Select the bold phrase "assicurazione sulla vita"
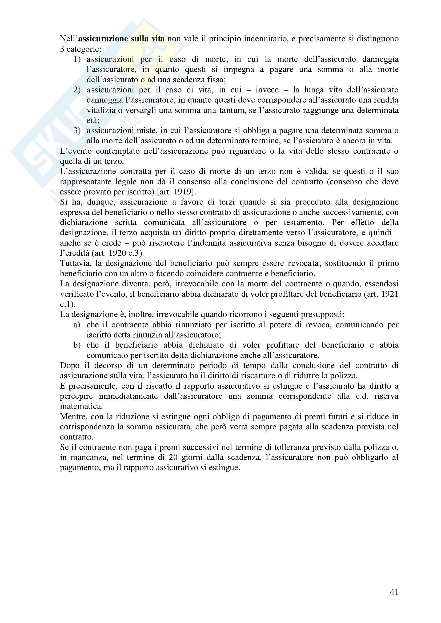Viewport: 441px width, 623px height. [x=121, y=39]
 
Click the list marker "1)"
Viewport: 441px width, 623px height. [x=77, y=59]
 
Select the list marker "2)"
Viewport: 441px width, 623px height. [x=77, y=90]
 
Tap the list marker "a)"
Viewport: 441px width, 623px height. [x=77, y=324]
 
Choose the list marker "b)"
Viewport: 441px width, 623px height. [x=77, y=345]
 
